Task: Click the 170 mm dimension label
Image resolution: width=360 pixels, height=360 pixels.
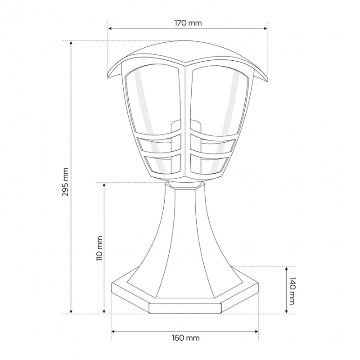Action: click(x=188, y=23)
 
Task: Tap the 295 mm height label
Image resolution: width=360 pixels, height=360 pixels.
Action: click(x=65, y=182)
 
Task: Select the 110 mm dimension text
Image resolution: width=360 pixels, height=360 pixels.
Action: click(x=99, y=248)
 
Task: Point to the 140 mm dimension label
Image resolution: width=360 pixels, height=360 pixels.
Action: click(x=292, y=291)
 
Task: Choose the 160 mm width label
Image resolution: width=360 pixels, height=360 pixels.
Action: click(x=186, y=338)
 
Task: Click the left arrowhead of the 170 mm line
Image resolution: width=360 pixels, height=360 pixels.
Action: click(x=110, y=28)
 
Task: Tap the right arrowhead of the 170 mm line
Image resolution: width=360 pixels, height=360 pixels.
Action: click(x=265, y=28)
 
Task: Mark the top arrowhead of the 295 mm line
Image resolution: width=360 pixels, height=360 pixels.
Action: click(x=71, y=43)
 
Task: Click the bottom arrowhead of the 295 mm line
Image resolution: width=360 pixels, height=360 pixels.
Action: click(x=71, y=311)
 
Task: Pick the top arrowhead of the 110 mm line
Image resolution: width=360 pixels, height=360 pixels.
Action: click(x=104, y=185)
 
